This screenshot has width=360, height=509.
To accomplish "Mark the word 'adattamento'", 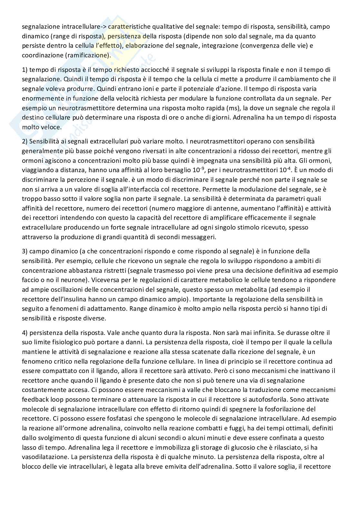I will [x=108, y=308].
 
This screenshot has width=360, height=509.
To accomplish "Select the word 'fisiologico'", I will [x=66, y=342].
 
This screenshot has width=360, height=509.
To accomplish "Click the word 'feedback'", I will [x=35, y=399].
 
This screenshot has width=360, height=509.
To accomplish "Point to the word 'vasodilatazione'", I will [x=44, y=457].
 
